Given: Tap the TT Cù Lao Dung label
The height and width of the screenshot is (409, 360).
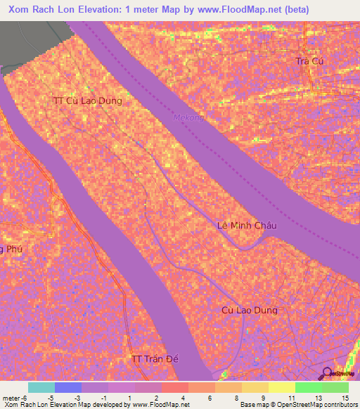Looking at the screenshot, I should click(87, 100).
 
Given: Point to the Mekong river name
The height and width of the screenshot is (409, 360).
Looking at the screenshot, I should click(188, 117).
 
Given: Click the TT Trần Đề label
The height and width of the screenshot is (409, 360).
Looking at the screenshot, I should click(156, 359).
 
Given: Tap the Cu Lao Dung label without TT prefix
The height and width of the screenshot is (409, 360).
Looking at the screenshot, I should click(249, 310).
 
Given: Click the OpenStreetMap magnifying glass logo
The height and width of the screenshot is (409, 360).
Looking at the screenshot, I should click(327, 372).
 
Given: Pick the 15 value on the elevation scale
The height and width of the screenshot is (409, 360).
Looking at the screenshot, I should click(345, 397).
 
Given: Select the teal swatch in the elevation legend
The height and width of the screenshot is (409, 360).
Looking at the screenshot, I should click(41, 387).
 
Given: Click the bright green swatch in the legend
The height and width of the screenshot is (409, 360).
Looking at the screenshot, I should click(308, 387).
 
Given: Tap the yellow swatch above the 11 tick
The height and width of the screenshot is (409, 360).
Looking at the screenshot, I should click(281, 387).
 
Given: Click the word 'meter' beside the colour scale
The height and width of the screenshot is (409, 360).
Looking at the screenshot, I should click(11, 397).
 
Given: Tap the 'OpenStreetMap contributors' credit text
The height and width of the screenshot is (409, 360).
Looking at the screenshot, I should click(323, 405).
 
